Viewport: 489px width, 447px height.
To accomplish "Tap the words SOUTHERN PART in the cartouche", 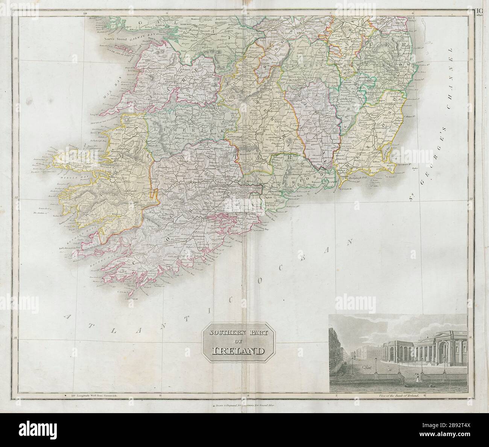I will click(x=237, y=333).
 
